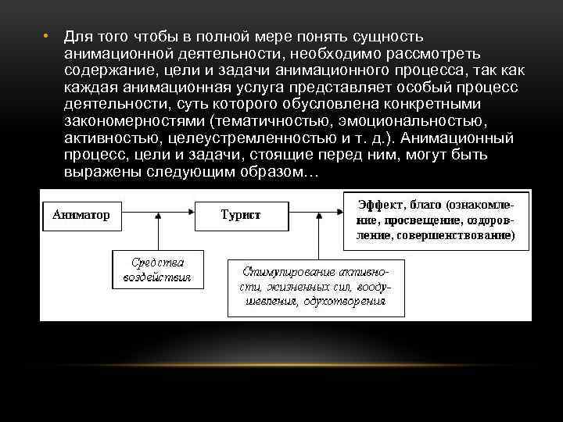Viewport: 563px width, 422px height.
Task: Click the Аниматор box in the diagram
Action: (81, 213)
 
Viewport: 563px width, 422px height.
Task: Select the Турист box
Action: (240, 213)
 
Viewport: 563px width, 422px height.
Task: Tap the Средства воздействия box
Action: (160, 268)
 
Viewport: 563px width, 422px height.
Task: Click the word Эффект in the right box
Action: (381, 205)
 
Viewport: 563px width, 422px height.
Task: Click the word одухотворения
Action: (348, 301)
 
